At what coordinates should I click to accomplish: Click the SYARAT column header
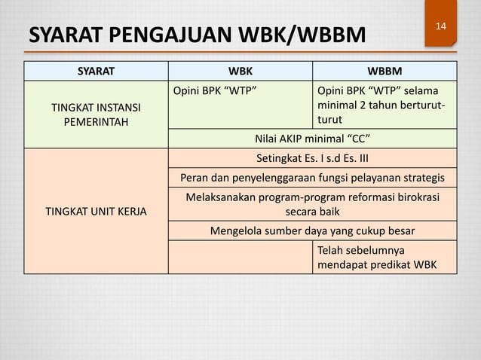(96, 72)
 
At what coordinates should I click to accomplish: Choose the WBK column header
(240, 72)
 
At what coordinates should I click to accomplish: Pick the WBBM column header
(384, 72)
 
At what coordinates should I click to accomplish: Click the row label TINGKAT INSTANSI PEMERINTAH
(96, 114)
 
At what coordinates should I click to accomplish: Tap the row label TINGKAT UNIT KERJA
(96, 211)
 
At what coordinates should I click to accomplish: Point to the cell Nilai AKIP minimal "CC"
(312, 139)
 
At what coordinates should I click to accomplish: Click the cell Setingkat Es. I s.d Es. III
(312, 158)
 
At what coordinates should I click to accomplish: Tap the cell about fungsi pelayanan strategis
(312, 178)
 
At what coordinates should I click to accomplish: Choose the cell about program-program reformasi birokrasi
(312, 203)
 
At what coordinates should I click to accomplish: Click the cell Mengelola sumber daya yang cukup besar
(312, 230)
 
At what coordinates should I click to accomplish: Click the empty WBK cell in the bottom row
(240, 257)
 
